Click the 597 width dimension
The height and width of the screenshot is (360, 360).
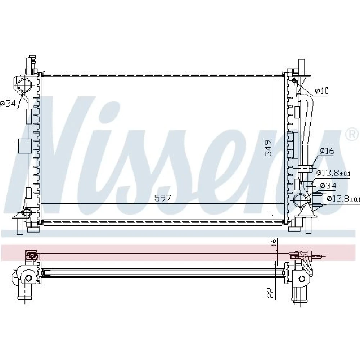coord(163,198)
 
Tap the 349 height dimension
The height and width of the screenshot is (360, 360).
coord(268,148)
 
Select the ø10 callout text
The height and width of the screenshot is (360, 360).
coord(322,91)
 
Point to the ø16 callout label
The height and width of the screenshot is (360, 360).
coord(327,151)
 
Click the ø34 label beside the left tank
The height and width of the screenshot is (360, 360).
coord(8,104)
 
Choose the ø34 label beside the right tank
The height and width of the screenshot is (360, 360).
coord(328,185)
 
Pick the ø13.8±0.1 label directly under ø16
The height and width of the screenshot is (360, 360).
coord(333,173)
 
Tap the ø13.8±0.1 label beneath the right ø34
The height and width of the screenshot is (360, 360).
coord(343,198)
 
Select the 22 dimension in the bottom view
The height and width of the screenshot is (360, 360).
coord(271,293)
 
